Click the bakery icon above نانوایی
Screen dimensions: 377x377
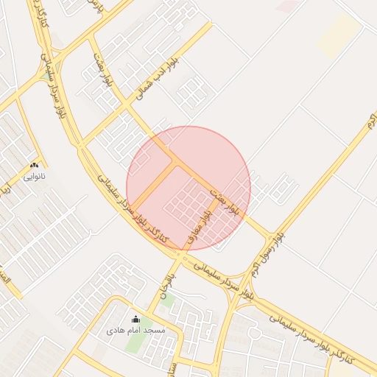point(35,166)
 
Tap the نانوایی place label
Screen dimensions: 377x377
point(35,177)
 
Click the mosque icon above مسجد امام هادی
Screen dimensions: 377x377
point(135,319)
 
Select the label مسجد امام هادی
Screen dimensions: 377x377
point(135,331)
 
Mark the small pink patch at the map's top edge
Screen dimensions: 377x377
point(288,5)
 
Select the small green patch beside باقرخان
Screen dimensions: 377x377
point(168,300)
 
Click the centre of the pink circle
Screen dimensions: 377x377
point(188,188)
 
